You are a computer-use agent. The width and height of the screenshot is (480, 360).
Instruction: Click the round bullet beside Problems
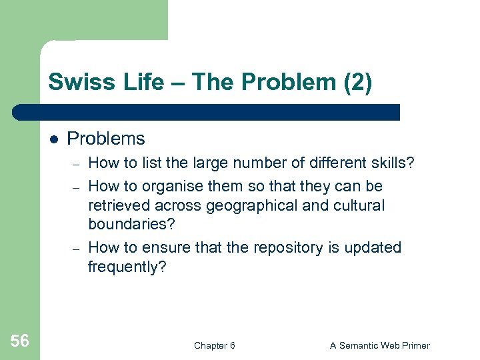(x=53, y=139)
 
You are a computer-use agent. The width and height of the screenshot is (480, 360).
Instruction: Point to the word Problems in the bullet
(x=106, y=139)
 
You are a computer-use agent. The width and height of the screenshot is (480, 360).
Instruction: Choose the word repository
(x=283, y=247)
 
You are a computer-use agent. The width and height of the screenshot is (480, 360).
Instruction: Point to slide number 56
(x=20, y=341)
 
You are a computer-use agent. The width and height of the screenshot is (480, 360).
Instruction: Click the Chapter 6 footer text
(x=214, y=345)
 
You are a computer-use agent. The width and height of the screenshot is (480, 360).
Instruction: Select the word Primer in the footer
(x=415, y=345)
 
